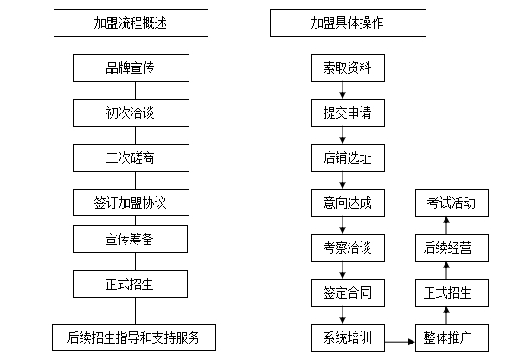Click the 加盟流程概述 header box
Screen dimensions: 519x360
pyautogui.click(x=131, y=22)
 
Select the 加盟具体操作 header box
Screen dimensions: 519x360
pyautogui.click(x=348, y=22)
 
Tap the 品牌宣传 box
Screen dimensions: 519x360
pyautogui.click(x=131, y=67)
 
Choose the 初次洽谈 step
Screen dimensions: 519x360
pyautogui.click(x=131, y=112)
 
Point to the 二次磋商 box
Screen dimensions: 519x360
pyautogui.click(x=131, y=157)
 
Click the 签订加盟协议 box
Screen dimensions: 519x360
pyautogui.click(x=131, y=202)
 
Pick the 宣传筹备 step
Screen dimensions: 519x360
pyautogui.click(x=130, y=239)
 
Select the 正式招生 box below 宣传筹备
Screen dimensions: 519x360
pyautogui.click(x=130, y=284)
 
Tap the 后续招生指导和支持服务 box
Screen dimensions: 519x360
pyautogui.click(x=134, y=337)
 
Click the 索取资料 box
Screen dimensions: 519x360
pyautogui.click(x=348, y=67)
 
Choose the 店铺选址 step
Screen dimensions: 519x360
pyautogui.click(x=348, y=157)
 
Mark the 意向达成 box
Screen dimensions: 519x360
pyautogui.click(x=348, y=202)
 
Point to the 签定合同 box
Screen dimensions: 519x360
pyautogui.click(x=348, y=292)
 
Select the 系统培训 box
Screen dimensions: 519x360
pyautogui.click(x=348, y=337)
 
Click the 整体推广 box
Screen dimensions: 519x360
pyautogui.click(x=452, y=337)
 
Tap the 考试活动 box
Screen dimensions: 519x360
pyautogui.click(x=452, y=202)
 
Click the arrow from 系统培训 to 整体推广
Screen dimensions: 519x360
pyautogui.click(x=400, y=342)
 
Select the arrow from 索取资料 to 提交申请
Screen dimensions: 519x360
pyautogui.click(x=343, y=90)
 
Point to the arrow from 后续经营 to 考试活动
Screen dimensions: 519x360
pyautogui.click(x=446, y=226)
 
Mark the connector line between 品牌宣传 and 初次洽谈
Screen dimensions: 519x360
pyautogui.click(x=136, y=90)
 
